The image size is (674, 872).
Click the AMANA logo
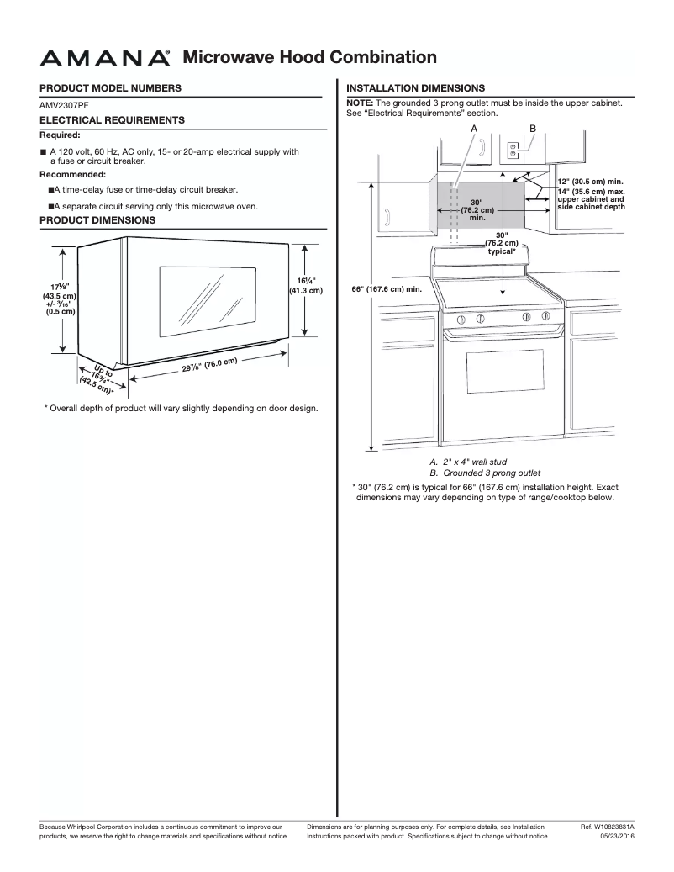click(x=105, y=58)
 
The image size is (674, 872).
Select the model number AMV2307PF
click(x=64, y=106)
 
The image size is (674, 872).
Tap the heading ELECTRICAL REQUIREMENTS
click(x=112, y=120)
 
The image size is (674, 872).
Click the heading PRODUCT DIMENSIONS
click(x=97, y=220)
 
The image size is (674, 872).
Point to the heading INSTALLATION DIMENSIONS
click(x=415, y=87)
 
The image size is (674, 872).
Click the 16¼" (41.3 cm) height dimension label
click(x=306, y=286)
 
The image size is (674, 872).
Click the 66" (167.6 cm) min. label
click(x=385, y=288)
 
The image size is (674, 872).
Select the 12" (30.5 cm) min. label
click(x=590, y=182)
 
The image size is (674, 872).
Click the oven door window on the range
click(x=502, y=379)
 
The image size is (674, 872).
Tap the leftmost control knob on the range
click(x=461, y=319)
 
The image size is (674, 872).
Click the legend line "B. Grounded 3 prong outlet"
click(x=484, y=473)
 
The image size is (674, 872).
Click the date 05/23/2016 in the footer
click(x=618, y=837)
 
